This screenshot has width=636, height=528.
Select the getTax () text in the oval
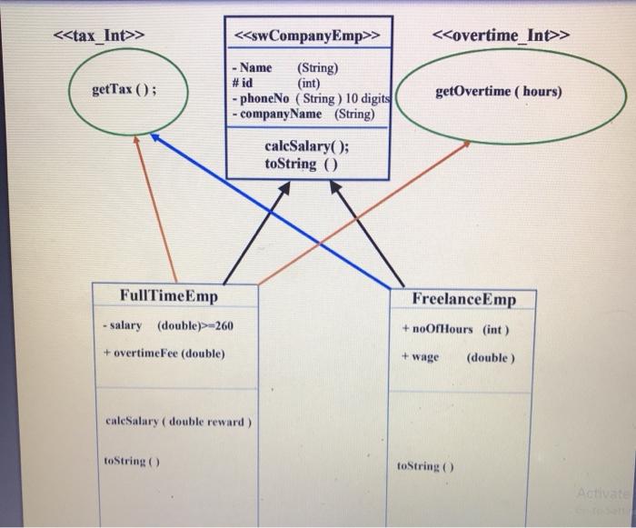(124, 91)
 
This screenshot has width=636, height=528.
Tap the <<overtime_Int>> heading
(502, 35)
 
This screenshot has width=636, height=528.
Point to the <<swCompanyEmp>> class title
(307, 36)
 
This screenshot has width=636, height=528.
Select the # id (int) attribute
(277, 83)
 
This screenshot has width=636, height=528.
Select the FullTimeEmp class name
(169, 296)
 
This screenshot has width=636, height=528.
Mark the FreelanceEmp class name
(462, 299)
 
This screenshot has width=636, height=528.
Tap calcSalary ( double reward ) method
(179, 422)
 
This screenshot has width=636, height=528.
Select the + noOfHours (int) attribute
(453, 329)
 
